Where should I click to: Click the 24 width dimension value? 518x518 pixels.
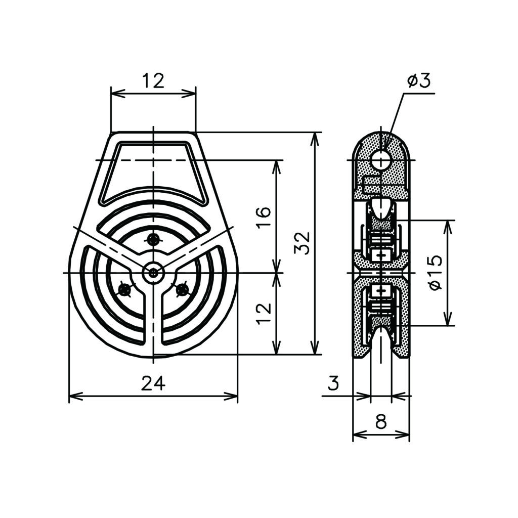tap(153, 383)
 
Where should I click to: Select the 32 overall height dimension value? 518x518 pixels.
tap(303, 243)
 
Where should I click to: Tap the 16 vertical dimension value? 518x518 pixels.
tap(264, 217)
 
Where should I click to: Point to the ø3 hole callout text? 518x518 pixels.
tap(419, 81)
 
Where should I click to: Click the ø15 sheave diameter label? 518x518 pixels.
tap(436, 273)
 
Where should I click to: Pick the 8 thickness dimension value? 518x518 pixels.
tap(381, 422)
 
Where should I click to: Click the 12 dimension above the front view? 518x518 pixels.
tap(153, 80)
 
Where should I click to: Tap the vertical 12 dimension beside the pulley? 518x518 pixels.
tap(264, 313)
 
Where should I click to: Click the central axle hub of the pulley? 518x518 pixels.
tap(153, 273)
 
